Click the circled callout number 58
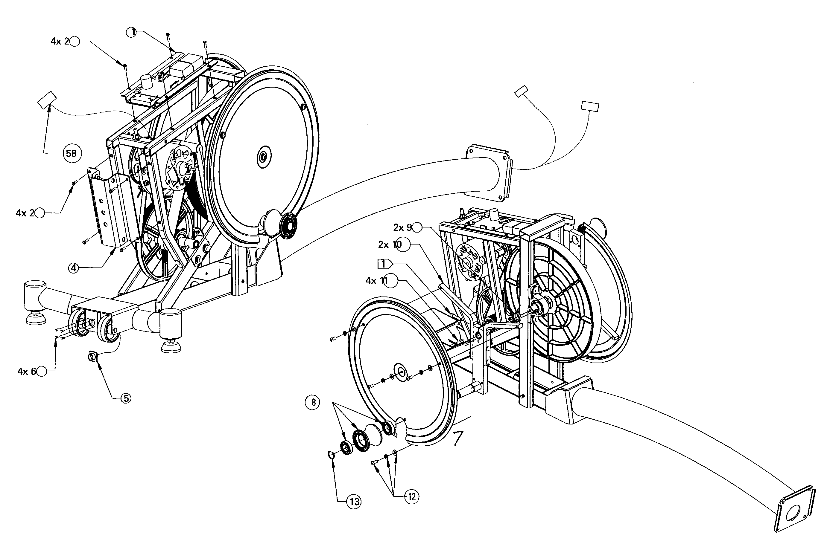[x=72, y=153]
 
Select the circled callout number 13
[x=354, y=502]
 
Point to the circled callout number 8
[x=313, y=403]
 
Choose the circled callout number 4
[x=73, y=268]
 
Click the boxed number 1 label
[x=383, y=264]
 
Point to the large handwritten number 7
[x=457, y=439]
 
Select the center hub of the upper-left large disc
[x=263, y=158]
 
